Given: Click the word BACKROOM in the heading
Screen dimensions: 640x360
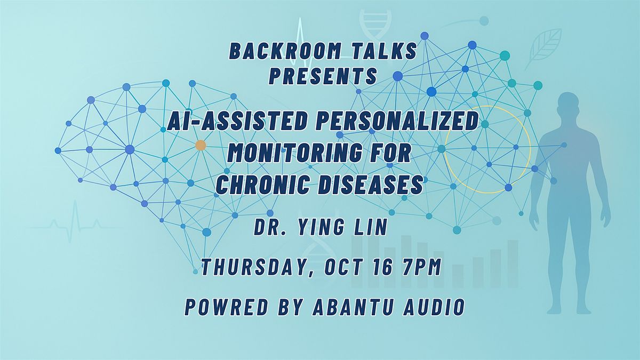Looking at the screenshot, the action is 285,51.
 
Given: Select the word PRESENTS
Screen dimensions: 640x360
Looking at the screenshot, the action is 323,76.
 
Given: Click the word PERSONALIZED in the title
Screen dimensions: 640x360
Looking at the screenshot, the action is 397,121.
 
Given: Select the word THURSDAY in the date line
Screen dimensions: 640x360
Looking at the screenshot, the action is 255,268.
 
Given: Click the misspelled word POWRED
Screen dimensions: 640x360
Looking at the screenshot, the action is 226,307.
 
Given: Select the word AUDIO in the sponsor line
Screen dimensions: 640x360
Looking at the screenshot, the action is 434,307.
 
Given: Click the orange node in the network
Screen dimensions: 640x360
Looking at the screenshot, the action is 201,145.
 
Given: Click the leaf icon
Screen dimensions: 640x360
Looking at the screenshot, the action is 542,49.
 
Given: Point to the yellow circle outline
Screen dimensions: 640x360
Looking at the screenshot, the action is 445,149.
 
